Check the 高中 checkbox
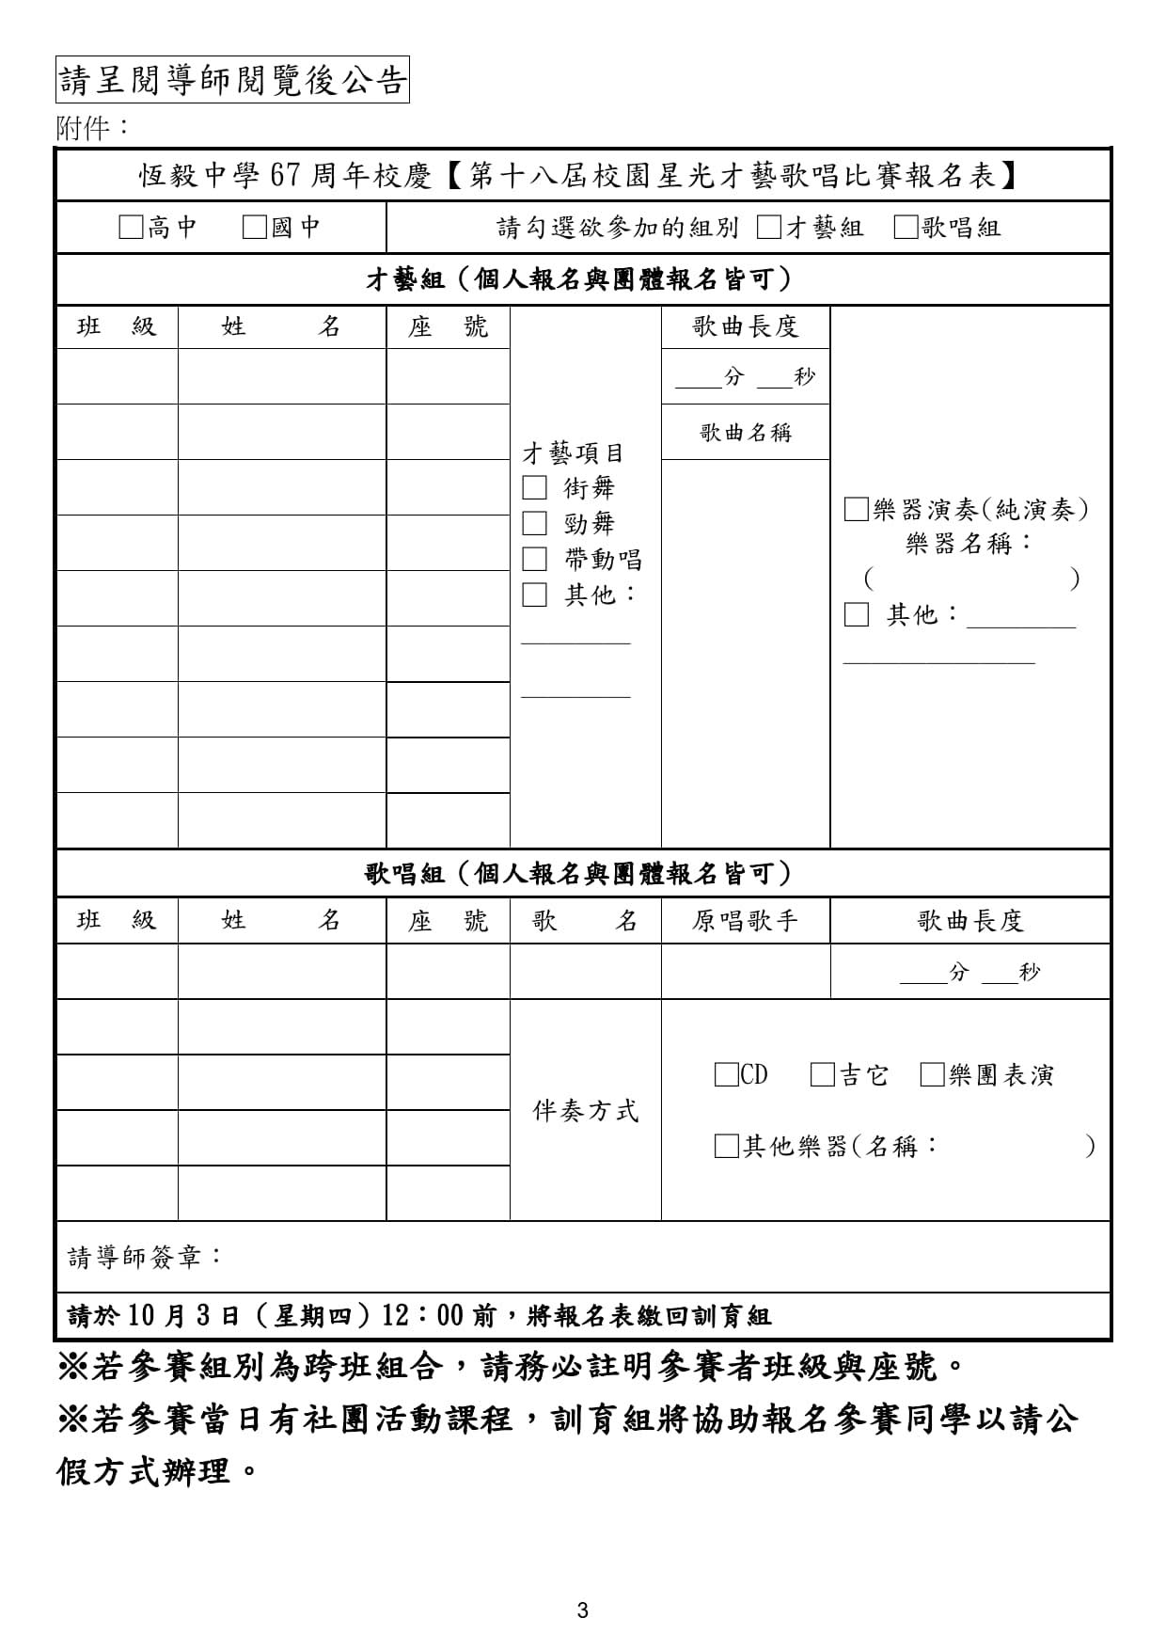coord(131,228)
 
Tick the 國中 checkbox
coord(254,228)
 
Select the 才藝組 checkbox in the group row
coord(768,228)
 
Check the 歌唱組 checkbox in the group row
coord(906,228)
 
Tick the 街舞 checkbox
coord(534,487)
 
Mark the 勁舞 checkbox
coord(534,523)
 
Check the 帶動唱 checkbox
coord(534,559)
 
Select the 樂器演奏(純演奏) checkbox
coord(856,510)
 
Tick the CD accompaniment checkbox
coord(726,1074)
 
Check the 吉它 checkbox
coord(823,1074)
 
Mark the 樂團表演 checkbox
coord(932,1074)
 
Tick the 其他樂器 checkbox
coord(726,1146)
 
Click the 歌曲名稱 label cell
coord(746,433)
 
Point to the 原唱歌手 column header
coord(746,920)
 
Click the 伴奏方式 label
coord(586,1111)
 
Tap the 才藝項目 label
coord(573,453)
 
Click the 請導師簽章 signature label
coord(146,1257)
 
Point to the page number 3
coord(582,1610)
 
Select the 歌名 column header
coord(585,920)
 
